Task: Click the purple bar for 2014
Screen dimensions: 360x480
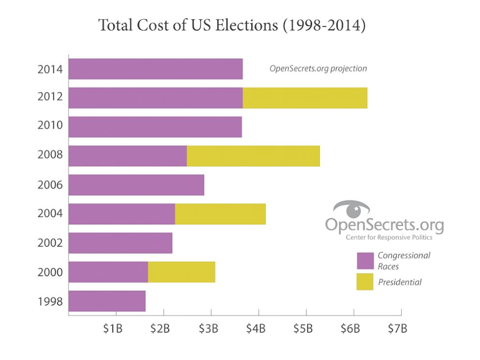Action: [x=155, y=69]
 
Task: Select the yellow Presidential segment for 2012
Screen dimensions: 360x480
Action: [x=305, y=98]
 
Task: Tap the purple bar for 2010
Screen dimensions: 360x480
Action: [x=155, y=127]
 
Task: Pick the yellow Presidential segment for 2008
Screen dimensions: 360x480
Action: [x=253, y=156]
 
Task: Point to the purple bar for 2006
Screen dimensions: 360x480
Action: [x=136, y=185]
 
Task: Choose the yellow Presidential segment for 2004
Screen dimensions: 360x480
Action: [x=220, y=214]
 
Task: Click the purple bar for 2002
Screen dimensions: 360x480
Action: [x=120, y=243]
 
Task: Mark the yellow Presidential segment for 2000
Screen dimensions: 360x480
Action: [x=181, y=272]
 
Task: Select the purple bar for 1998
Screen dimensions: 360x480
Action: [x=107, y=301]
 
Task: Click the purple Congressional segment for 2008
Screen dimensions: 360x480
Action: [x=128, y=156]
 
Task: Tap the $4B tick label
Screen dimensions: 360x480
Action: [x=255, y=329]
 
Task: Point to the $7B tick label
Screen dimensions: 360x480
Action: [x=398, y=329]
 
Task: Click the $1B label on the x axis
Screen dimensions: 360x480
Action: [x=113, y=329]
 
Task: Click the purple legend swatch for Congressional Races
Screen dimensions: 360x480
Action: [x=365, y=260]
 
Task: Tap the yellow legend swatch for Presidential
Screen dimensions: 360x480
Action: [x=365, y=282]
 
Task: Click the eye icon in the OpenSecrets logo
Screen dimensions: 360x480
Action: [x=352, y=210]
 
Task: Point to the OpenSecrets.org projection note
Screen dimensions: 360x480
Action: [x=318, y=69]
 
